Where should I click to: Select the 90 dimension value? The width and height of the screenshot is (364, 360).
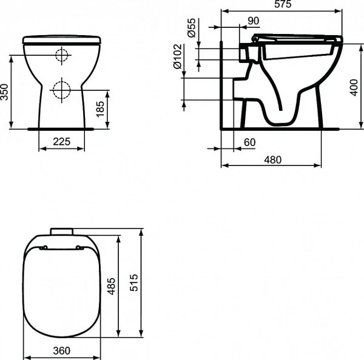point(253,21)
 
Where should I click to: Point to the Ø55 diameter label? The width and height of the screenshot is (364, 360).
point(192,28)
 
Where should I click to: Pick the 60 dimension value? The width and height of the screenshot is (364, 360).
point(249,142)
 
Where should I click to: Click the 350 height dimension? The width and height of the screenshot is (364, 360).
point(5,92)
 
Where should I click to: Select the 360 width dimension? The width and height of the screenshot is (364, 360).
point(61,351)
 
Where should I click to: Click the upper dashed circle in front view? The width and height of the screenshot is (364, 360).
point(61,55)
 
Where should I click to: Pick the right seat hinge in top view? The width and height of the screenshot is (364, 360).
point(80,247)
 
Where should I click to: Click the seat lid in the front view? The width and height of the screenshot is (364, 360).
point(61,40)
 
